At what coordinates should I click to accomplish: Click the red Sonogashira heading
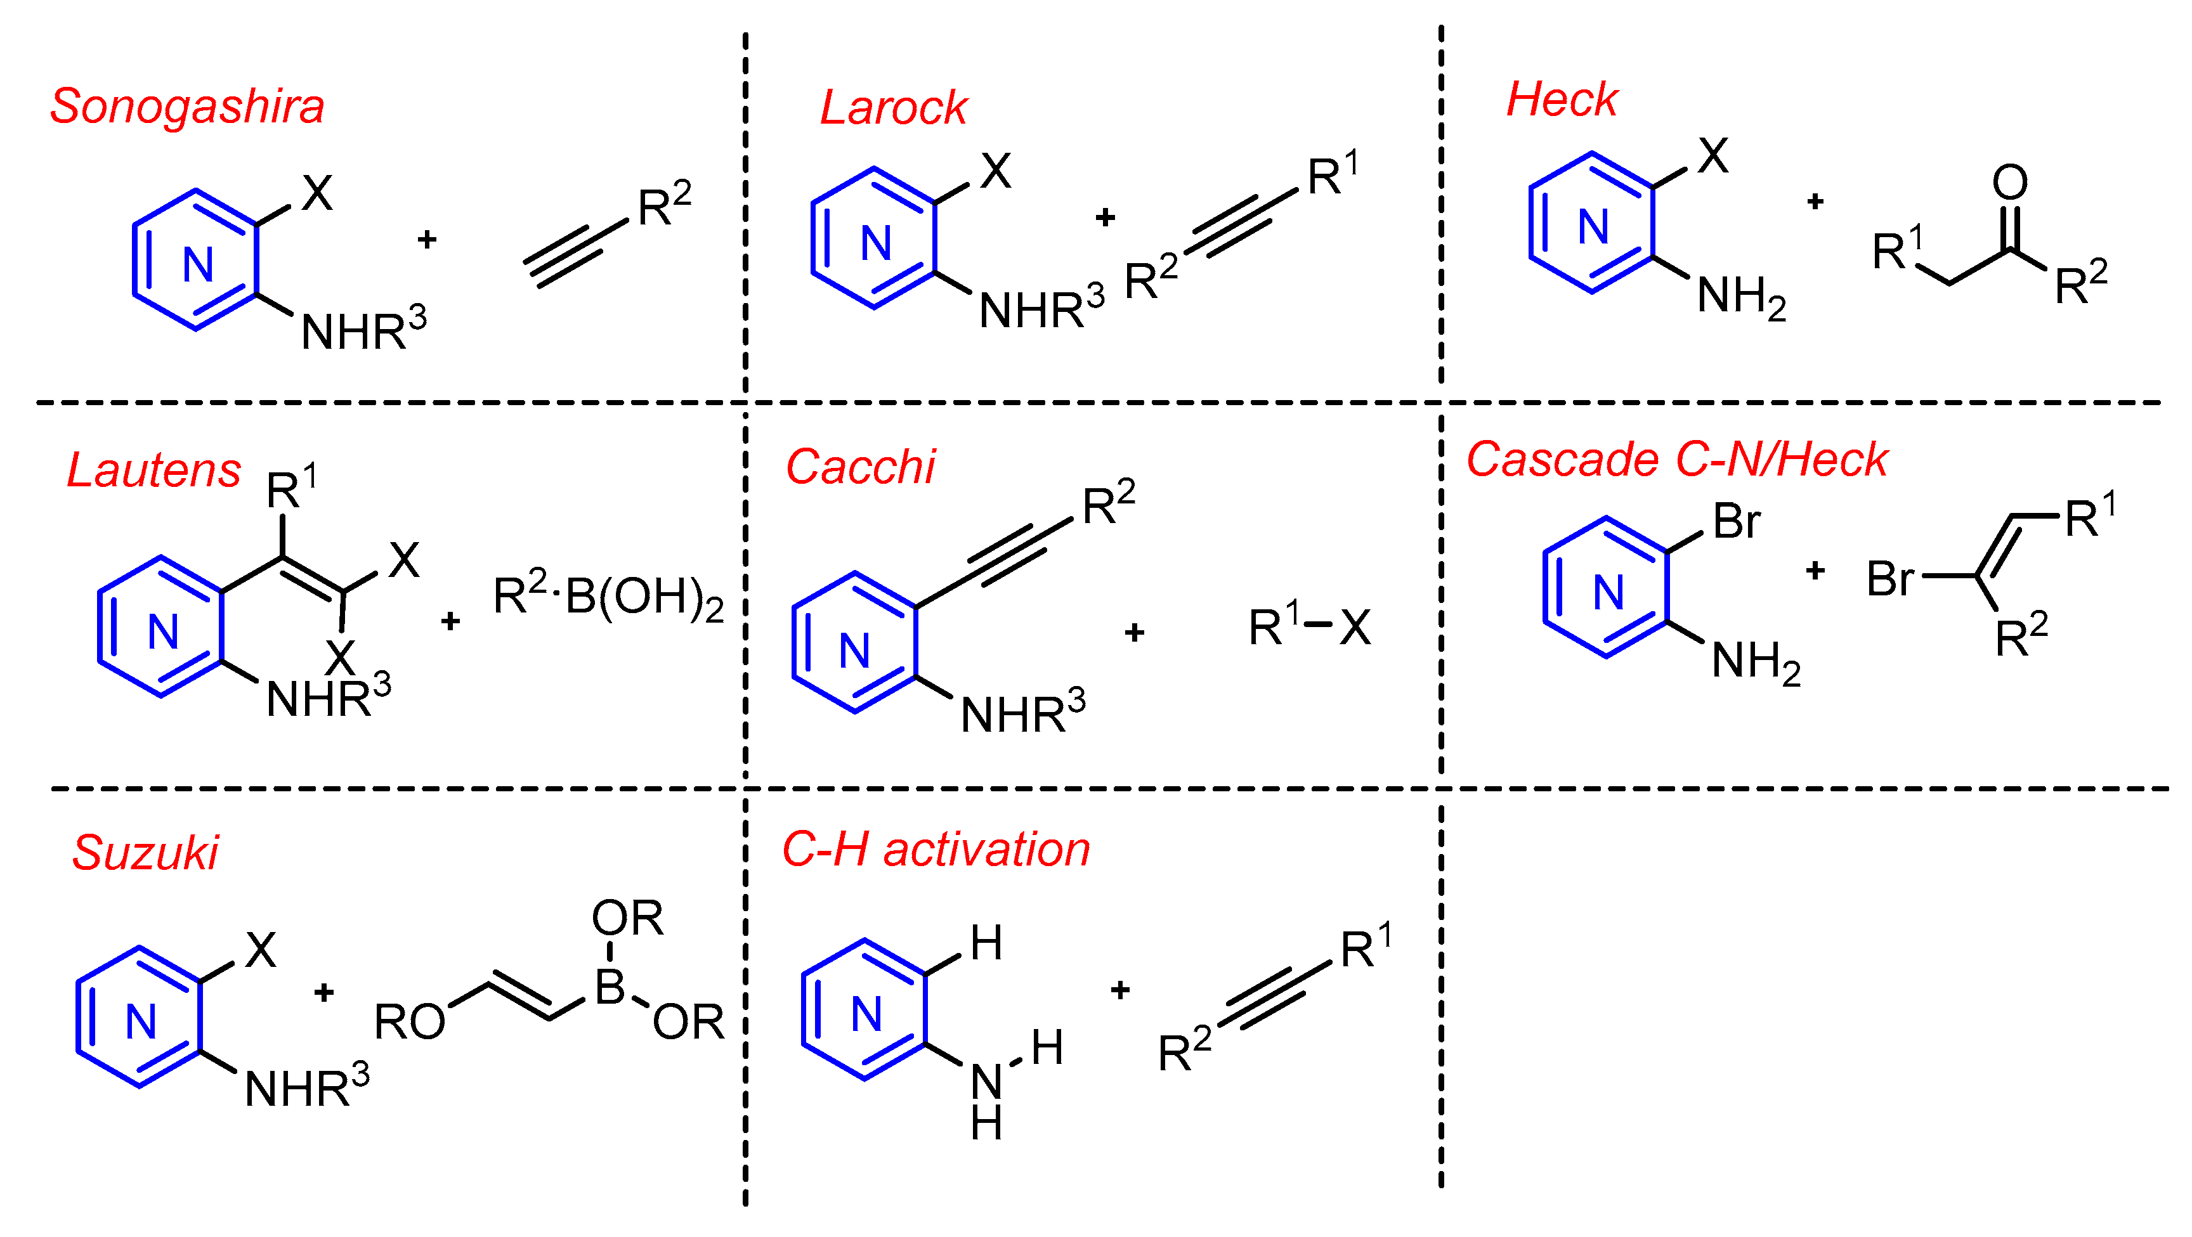tap(187, 107)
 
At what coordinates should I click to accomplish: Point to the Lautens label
tap(154, 470)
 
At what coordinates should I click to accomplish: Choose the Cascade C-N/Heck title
tap(1676, 460)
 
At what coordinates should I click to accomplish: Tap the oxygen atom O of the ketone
tap(2009, 182)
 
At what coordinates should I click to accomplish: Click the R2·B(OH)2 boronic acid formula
tap(608, 597)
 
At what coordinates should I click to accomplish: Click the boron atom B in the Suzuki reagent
tap(610, 988)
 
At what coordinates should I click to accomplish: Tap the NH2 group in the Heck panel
tap(1740, 297)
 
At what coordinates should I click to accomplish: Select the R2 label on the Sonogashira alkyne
tap(663, 205)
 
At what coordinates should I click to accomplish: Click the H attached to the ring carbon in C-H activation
tap(986, 943)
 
